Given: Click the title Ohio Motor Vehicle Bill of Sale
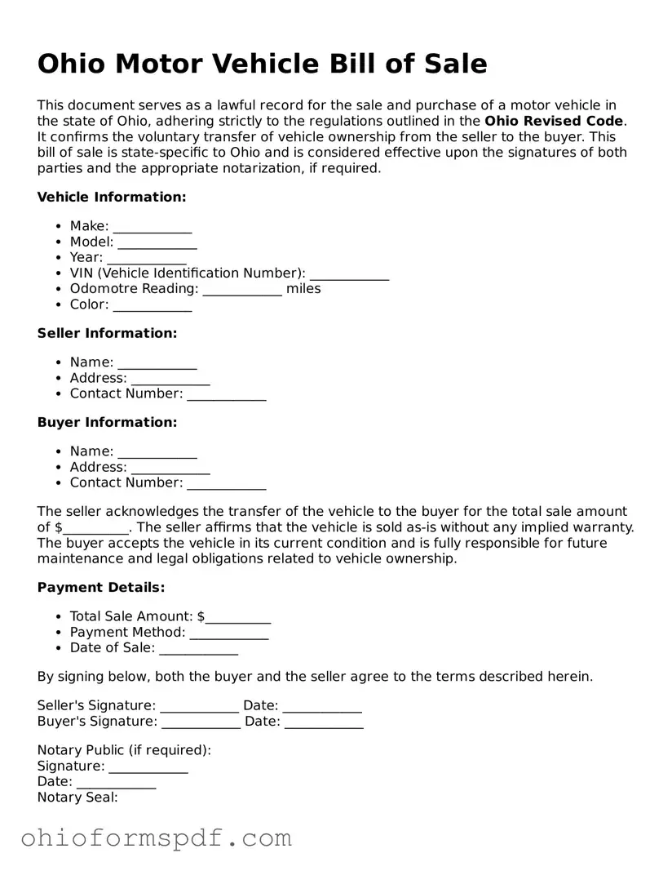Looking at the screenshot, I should point(262,64).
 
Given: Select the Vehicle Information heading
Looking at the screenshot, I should point(112,197).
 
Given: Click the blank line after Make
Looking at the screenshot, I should point(153,226).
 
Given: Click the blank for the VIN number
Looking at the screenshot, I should point(349,273).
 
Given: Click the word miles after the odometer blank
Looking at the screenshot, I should point(303,289).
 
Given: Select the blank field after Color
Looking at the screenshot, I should point(153,304).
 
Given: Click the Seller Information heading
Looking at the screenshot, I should point(107,333).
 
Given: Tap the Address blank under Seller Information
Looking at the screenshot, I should point(170,379).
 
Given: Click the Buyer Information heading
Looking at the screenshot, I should point(107,422).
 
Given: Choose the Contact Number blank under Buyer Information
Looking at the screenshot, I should point(227,483).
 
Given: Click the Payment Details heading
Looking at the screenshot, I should point(101,588).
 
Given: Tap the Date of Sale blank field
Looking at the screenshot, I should point(198,648).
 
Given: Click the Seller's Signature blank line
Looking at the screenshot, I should point(200,706).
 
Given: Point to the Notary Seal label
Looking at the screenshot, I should point(77,798).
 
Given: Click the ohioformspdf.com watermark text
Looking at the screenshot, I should point(156,838).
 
